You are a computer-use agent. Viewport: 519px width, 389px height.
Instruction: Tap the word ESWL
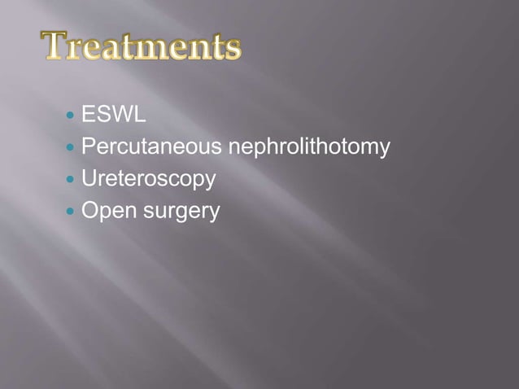click(114, 116)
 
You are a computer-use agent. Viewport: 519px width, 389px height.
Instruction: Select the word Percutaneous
click(152, 148)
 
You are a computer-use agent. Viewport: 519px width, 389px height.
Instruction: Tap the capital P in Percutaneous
click(88, 148)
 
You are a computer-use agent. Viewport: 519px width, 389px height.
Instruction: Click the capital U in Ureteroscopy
click(89, 179)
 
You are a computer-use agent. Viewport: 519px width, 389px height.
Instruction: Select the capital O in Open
click(89, 212)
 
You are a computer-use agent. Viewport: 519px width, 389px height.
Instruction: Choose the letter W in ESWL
click(124, 116)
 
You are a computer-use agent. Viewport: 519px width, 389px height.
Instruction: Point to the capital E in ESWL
click(88, 116)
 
